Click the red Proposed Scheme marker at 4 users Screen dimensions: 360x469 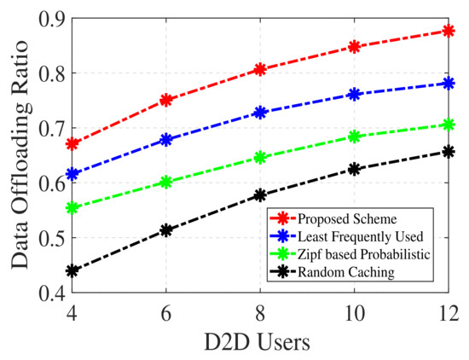click(x=72, y=143)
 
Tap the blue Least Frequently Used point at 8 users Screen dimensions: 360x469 click(x=261, y=113)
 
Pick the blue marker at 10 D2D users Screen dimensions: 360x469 click(x=355, y=94)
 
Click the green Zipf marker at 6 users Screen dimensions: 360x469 click(x=166, y=182)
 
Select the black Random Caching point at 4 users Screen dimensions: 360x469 click(x=72, y=270)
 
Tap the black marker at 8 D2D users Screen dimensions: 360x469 click(x=261, y=195)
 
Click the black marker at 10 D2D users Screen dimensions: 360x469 click(x=355, y=169)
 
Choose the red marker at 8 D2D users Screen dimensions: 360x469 click(x=261, y=69)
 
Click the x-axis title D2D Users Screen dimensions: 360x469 click(x=260, y=341)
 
